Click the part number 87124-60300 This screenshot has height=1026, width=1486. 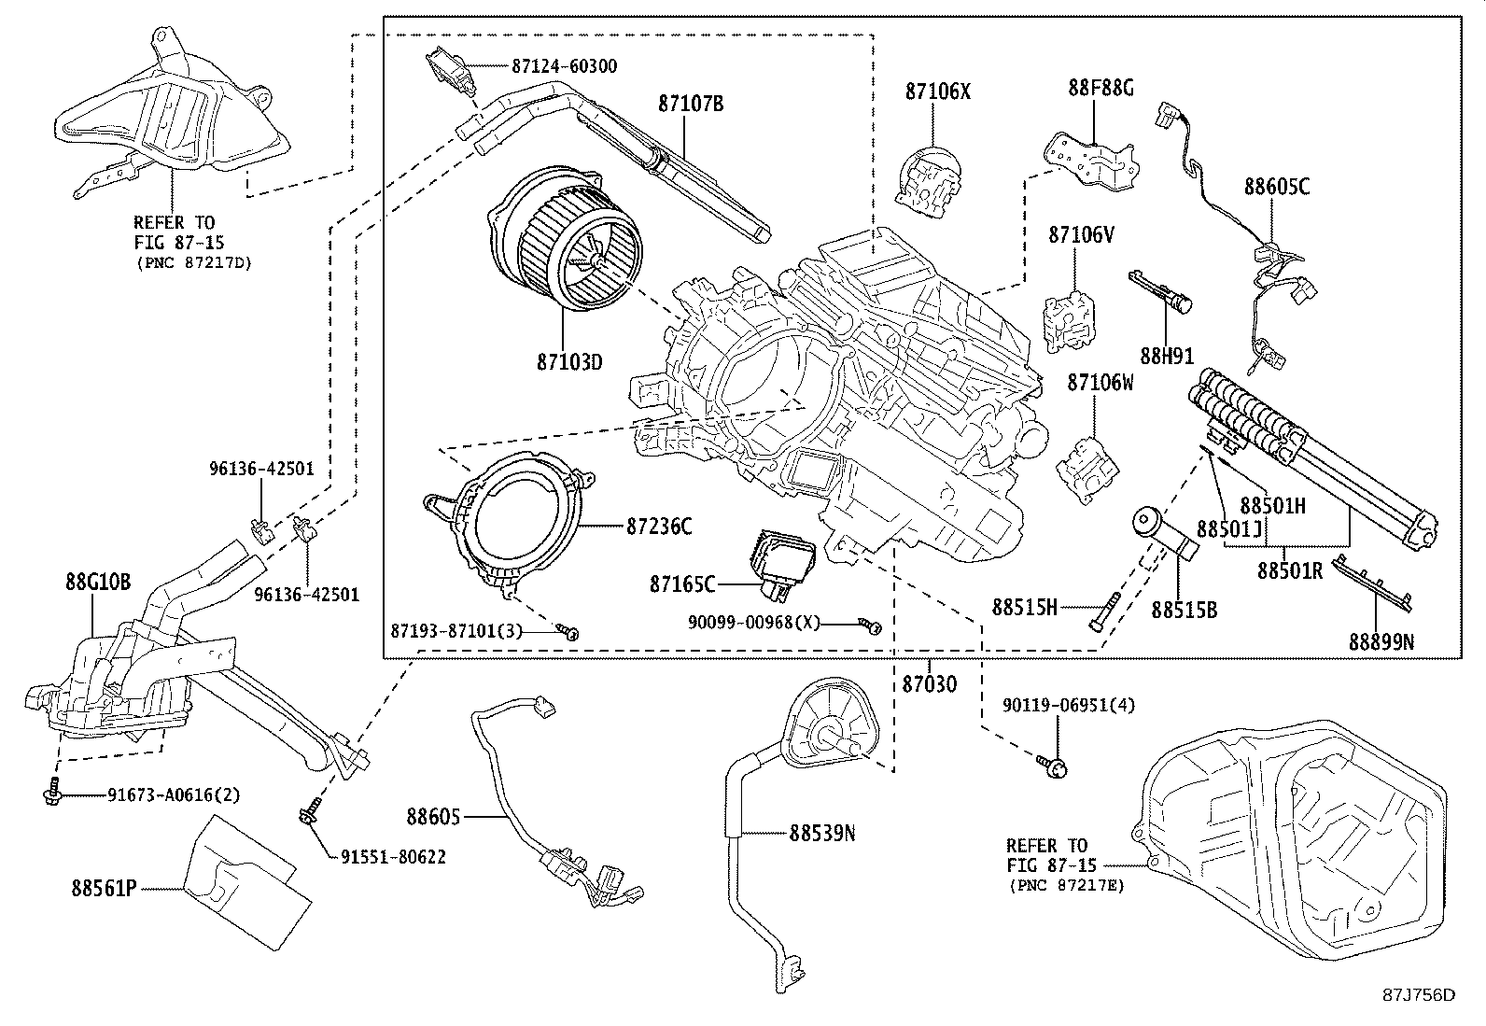(x=564, y=67)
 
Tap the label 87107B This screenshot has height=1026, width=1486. (x=690, y=104)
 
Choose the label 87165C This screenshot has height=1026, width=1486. (x=682, y=584)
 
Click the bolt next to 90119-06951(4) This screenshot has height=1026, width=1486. (x=1053, y=766)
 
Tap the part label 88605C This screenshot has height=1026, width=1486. (x=1276, y=187)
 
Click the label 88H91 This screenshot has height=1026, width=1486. (x=1167, y=356)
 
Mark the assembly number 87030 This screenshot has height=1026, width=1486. (x=929, y=684)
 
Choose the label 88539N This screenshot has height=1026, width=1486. (x=821, y=832)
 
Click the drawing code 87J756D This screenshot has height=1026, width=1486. (x=1419, y=995)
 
